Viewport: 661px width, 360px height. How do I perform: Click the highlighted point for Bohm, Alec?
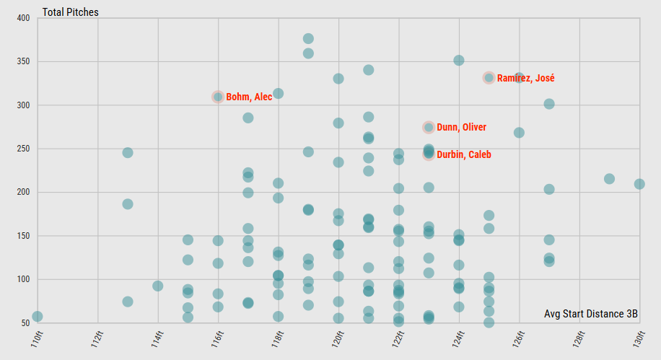pyautogui.click(x=218, y=97)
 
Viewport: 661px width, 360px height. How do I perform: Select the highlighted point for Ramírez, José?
pyautogui.click(x=489, y=78)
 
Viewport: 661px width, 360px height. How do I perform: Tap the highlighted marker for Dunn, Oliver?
pyautogui.click(x=429, y=128)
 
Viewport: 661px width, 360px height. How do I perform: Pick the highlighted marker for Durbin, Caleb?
pyautogui.click(x=429, y=154)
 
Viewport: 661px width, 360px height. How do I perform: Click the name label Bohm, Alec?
pyautogui.click(x=249, y=97)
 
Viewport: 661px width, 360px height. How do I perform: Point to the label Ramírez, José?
pyautogui.click(x=525, y=78)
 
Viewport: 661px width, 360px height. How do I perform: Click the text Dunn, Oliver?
pyautogui.click(x=461, y=128)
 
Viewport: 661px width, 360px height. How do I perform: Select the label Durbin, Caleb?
pyautogui.click(x=463, y=154)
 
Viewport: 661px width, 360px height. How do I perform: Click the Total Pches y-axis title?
pyautogui.click(x=71, y=12)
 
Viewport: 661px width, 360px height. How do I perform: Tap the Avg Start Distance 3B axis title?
pyautogui.click(x=591, y=313)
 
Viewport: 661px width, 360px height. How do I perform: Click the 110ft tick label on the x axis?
pyautogui.click(x=38, y=338)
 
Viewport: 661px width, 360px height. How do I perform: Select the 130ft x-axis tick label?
pyautogui.click(x=638, y=338)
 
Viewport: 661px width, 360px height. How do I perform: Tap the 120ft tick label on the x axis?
pyautogui.click(x=338, y=338)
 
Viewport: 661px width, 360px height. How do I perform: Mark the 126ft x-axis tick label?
pyautogui.click(x=518, y=338)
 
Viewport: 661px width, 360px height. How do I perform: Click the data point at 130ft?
pyautogui.click(x=639, y=184)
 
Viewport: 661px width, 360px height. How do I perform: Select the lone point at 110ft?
pyautogui.click(x=38, y=317)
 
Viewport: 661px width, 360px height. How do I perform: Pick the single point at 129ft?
pyautogui.click(x=609, y=179)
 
